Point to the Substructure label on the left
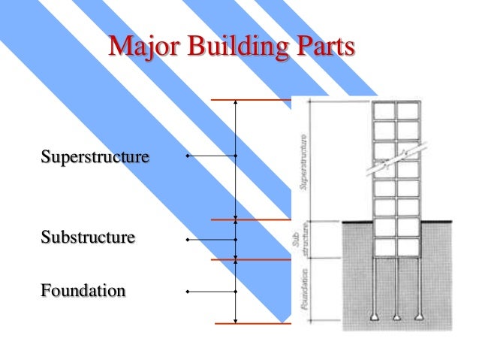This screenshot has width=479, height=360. tap(89, 238)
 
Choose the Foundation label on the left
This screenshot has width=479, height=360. tap(83, 290)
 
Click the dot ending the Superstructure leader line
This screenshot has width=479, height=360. tap(187, 156)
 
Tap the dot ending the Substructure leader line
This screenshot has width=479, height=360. tap(187, 240)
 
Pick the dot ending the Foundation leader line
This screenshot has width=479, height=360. tap(187, 291)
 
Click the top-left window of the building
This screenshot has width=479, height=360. tap(385, 110)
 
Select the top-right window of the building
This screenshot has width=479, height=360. tap(407, 110)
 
